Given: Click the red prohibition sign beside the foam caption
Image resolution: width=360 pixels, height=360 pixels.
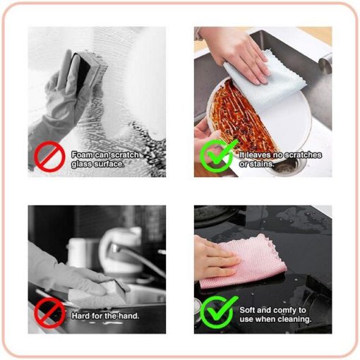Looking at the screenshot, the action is coord(49,156).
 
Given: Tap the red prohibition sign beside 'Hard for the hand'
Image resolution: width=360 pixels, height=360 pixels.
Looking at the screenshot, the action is coord(49,313).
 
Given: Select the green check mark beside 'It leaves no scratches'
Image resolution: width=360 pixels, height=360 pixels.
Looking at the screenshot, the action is coord(218,155).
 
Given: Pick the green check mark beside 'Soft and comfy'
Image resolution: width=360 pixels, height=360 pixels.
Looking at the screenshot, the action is coord(219,311).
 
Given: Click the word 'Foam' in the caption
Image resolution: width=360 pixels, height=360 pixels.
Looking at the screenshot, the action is coord(82,155).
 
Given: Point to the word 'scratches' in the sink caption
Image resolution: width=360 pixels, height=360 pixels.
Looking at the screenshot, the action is coord(303,155).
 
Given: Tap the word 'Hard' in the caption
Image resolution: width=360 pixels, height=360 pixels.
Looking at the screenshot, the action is coord(80,316).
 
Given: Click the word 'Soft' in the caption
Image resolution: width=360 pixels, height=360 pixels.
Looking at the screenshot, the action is coord(247,310).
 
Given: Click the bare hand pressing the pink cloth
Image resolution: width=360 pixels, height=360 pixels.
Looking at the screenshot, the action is coord(215,259).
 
